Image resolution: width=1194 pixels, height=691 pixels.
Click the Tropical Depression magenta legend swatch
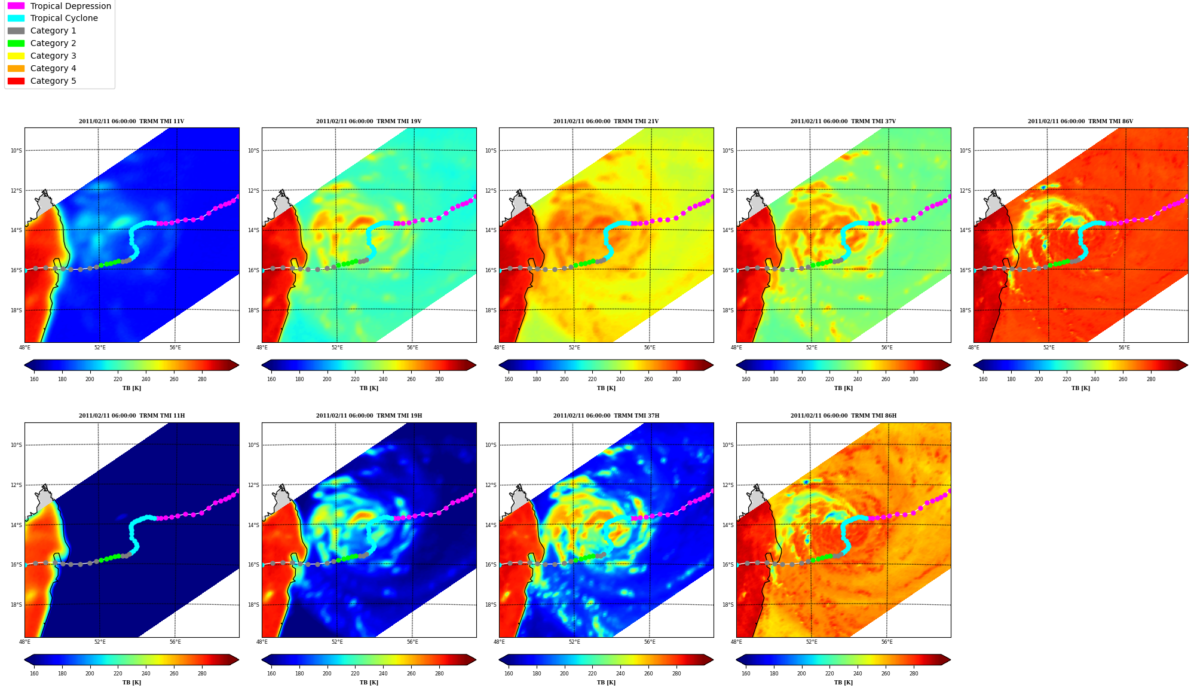pos(16,6)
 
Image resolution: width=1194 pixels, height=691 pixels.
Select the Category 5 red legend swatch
pos(16,81)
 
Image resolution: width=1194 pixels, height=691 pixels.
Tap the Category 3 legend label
pos(53,56)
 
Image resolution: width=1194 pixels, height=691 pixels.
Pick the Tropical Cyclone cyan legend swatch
pos(16,19)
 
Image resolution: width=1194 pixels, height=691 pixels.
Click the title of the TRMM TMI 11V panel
pos(131,121)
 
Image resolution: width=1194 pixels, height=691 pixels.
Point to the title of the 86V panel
pos(1080,121)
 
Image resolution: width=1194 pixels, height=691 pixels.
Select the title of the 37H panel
pos(606,416)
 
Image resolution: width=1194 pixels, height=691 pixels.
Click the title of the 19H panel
pos(369,416)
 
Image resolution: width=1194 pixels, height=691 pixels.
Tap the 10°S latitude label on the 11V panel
pos(16,151)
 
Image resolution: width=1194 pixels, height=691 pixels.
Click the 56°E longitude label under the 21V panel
pos(650,348)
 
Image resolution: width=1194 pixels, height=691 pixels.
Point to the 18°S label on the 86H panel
pos(728,605)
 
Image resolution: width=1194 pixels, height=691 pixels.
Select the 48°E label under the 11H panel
pos(25,642)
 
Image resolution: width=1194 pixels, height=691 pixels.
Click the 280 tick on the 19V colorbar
pos(439,379)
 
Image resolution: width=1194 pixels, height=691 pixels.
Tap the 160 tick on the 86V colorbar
pos(983,379)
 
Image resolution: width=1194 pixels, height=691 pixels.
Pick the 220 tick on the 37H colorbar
pos(592,674)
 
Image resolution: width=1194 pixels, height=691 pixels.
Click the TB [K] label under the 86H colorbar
pos(843,683)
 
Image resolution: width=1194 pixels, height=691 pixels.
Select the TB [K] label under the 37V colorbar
pos(843,388)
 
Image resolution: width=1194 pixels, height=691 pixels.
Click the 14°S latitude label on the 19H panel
pos(253,525)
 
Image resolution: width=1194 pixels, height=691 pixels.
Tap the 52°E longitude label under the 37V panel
pos(812,348)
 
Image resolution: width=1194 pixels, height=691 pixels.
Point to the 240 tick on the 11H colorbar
pos(146,674)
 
